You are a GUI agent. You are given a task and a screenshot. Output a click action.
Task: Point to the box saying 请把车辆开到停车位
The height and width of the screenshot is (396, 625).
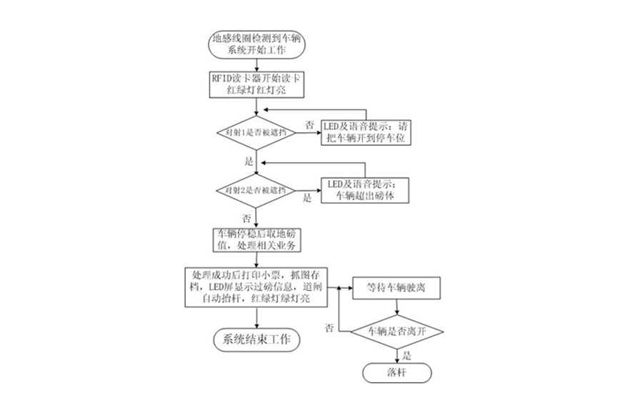(x=366, y=132)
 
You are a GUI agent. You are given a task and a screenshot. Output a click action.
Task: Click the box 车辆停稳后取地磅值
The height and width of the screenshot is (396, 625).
(x=256, y=239)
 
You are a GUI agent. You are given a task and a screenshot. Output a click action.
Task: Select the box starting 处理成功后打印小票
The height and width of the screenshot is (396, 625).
(x=255, y=287)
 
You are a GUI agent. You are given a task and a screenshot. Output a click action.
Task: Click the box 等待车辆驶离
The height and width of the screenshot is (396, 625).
(x=398, y=287)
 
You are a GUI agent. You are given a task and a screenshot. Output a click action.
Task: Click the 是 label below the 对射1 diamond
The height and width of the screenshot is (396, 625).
(x=249, y=161)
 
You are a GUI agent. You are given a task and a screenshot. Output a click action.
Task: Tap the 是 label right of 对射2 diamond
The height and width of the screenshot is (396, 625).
(x=308, y=198)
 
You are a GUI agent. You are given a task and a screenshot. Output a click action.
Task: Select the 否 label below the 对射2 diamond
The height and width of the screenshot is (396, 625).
(x=247, y=217)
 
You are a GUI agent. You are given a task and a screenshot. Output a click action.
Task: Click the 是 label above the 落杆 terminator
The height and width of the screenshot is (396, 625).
(x=408, y=355)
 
